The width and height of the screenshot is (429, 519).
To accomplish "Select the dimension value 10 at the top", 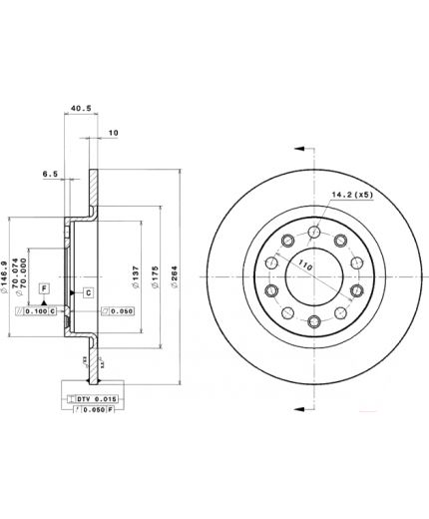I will pyautogui.click(x=113, y=132).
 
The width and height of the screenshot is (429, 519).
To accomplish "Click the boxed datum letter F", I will pyautogui.click(x=44, y=287).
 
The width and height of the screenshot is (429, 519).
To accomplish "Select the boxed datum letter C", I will pyautogui.click(x=88, y=292).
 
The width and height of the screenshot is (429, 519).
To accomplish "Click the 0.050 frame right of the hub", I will pyautogui.click(x=119, y=312).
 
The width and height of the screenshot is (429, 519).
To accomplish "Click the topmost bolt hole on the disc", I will pyautogui.click(x=314, y=232).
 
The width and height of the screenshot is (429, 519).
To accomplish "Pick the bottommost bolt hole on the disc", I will pyautogui.click(x=314, y=320).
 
